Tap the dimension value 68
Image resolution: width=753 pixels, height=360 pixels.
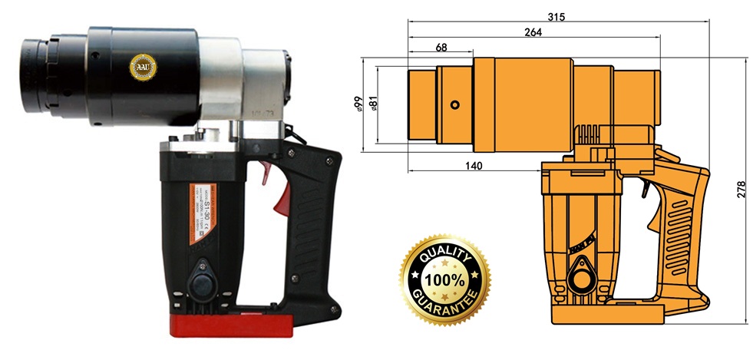pos(441,48)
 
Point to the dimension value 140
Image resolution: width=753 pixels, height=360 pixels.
pos(474,165)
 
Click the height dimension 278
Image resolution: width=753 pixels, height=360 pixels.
pos(741,189)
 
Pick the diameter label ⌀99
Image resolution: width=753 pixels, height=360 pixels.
pos(358,103)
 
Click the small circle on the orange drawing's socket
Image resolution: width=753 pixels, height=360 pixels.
pos(455,104)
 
